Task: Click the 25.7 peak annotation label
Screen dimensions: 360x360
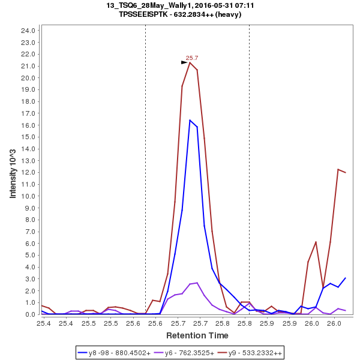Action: [x=192, y=58]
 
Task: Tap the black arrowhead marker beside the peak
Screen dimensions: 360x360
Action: [x=185, y=62]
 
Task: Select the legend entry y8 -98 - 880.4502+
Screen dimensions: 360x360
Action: [x=115, y=352]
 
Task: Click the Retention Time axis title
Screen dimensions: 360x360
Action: [x=197, y=335]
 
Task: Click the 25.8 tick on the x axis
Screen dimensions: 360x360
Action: [x=245, y=323]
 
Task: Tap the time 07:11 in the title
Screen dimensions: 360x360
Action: [x=245, y=5]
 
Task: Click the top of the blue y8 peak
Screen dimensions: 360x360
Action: [x=190, y=120]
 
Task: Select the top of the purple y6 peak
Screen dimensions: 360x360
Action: [x=197, y=283]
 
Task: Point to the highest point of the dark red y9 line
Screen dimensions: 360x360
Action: [x=190, y=62]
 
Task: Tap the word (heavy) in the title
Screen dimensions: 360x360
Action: [x=229, y=14]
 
